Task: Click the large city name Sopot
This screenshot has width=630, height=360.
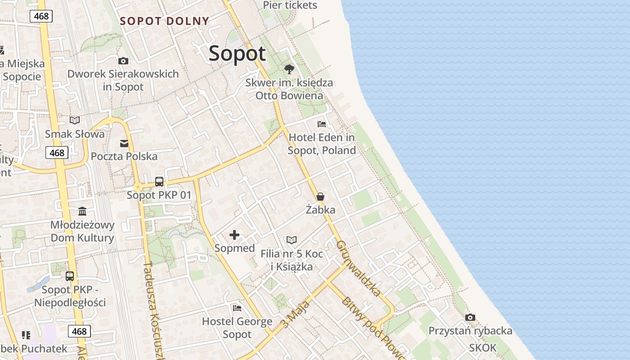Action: (237, 54)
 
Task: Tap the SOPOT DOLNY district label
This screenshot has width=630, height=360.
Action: (165, 21)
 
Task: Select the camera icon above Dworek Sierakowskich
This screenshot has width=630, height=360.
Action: (123, 61)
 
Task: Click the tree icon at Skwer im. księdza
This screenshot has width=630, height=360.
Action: (289, 69)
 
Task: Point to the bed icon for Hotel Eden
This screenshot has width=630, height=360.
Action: (322, 124)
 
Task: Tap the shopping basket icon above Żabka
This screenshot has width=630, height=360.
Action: (320, 197)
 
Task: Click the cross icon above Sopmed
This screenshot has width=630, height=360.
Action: (234, 235)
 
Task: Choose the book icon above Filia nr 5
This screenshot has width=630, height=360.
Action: (292, 240)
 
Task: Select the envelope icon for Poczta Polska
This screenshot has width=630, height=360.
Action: (124, 144)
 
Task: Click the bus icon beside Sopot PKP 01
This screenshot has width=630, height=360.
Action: (159, 182)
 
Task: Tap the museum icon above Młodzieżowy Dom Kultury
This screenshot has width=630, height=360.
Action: (82, 211)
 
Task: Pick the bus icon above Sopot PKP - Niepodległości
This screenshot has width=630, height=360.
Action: (70, 276)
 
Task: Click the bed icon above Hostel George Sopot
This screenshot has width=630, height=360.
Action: (237, 308)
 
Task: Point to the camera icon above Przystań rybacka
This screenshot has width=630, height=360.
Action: (470, 317)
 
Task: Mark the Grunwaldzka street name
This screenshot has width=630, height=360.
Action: (358, 268)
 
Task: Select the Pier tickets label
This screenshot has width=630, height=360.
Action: (290, 5)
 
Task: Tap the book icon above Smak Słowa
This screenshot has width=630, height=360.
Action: (75, 120)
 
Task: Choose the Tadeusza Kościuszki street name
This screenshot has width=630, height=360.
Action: (153, 310)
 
